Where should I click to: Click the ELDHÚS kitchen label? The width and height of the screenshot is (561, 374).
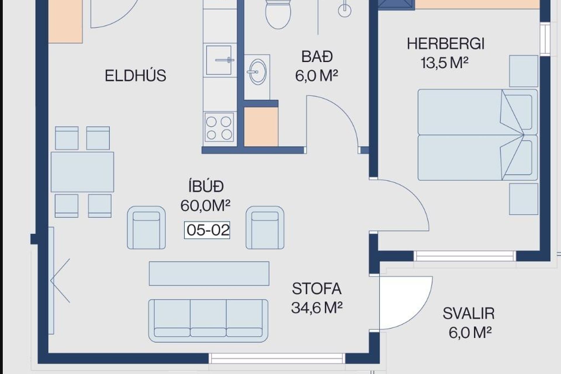pos(135,76)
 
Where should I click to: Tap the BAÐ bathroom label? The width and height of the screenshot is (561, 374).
pos(317,57)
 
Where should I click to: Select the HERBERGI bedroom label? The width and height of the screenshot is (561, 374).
pos(446,44)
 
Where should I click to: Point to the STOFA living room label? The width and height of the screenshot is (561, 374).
pos(317,289)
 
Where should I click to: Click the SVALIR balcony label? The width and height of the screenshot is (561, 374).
pos(468,314)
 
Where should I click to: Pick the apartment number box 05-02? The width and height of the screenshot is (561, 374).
pos(207,230)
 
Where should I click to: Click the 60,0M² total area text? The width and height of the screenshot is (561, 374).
pos(205,206)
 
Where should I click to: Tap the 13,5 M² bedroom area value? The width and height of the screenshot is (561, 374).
pos(444,63)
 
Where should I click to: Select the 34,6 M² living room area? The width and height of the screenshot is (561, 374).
pos(317,308)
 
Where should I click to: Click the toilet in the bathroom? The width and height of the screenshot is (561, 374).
pos(278,14)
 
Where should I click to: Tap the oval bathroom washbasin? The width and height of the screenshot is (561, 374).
pos(257,72)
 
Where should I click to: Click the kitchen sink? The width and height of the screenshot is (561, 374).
pos(219,60)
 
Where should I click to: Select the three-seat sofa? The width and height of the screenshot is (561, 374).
pos(208,321)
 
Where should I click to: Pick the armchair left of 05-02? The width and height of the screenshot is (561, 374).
pos(146,228)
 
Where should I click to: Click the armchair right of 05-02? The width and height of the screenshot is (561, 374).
pos(265,228)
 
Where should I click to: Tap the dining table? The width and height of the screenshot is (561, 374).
pos(82,172)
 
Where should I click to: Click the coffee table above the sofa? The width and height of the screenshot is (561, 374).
pos(209,273)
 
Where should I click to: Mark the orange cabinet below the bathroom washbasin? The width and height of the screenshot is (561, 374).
pos(261,127)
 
